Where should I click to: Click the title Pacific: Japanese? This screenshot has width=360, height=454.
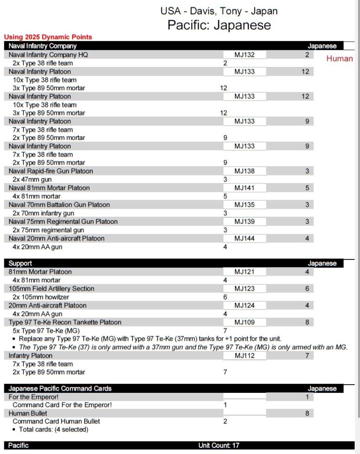tap(219, 25)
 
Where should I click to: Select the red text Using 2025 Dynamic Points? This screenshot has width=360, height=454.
tap(48, 37)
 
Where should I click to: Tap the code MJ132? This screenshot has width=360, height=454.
tap(244, 55)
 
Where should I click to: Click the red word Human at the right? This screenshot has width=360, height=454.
tap(339, 59)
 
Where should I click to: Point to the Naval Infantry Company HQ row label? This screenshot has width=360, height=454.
tap(48, 55)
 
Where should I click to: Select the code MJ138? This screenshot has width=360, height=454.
tap(244, 171)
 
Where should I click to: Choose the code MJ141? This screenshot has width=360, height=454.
tap(244, 188)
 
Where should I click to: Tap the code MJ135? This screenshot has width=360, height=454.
tap(244, 205)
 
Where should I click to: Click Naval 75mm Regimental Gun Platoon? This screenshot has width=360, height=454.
tap(63, 221)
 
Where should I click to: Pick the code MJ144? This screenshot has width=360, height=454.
tap(244, 238)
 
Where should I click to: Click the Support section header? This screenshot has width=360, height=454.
tap(21, 263)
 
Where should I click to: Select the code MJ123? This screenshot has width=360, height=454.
tap(244, 289)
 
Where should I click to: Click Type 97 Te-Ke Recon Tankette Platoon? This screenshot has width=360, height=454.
tap(65, 322)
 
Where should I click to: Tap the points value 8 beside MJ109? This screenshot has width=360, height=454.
tap(307, 322)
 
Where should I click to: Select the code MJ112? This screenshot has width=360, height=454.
tap(244, 356)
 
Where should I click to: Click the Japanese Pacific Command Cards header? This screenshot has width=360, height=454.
tap(60, 389)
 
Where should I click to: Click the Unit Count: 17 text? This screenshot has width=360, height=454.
tap(219, 445)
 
